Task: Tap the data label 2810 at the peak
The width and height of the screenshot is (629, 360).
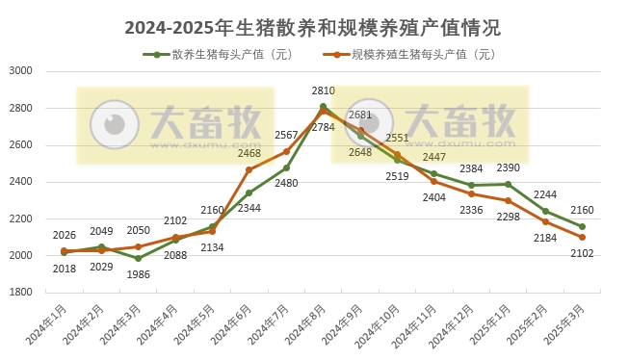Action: coord(324,91)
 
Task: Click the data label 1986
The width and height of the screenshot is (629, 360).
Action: coord(139,275)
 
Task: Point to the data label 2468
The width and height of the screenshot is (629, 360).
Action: coord(250,154)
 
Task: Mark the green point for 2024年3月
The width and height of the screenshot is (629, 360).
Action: coord(139,258)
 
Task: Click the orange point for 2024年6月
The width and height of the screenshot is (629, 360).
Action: coord(249,169)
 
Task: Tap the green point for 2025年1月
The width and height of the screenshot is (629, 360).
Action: coord(509,184)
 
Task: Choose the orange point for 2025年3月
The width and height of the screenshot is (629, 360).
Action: coord(583,237)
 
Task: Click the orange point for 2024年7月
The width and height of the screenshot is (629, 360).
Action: coord(286,151)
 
